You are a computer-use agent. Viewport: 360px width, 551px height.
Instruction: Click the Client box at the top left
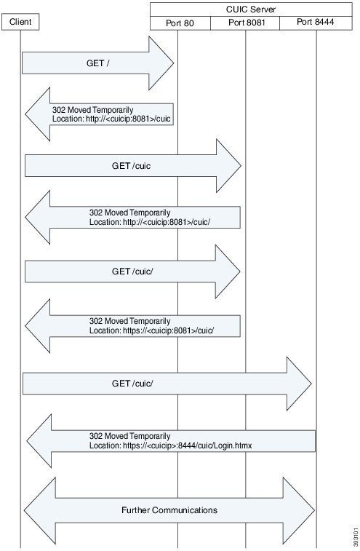click(20, 23)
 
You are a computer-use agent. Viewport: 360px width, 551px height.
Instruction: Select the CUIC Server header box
click(255, 9)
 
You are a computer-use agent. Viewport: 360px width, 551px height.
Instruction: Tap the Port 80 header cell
click(180, 23)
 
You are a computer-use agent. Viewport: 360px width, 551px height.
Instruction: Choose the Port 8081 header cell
click(247, 23)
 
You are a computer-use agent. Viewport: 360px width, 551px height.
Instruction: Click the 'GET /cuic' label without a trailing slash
click(132, 165)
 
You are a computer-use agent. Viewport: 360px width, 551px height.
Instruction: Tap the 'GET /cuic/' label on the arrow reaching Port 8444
click(132, 383)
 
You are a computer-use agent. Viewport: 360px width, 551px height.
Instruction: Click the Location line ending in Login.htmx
click(170, 445)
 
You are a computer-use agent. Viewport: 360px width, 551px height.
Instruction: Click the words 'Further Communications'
click(169, 510)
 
